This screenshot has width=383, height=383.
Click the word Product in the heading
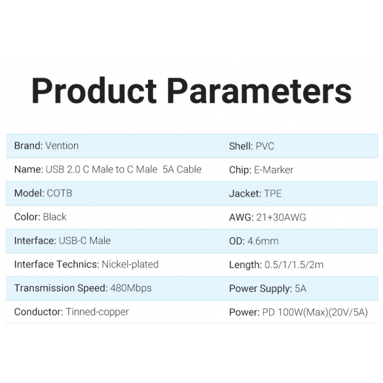(94, 91)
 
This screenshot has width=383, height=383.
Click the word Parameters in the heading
(259, 91)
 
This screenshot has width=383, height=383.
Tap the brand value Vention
(62, 146)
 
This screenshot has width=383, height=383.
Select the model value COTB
(59, 193)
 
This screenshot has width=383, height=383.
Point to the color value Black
(55, 217)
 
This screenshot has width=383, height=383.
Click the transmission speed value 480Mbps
(131, 289)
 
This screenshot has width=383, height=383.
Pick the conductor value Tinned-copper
(97, 312)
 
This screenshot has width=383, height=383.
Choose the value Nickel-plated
(130, 265)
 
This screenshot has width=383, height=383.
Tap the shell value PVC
(265, 146)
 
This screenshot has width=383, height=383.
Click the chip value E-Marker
(274, 170)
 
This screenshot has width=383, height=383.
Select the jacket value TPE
(273, 193)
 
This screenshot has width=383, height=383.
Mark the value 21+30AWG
(281, 218)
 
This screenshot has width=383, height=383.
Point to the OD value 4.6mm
(263, 241)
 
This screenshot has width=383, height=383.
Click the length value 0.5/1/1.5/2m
(294, 265)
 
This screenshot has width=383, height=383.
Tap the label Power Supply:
(260, 289)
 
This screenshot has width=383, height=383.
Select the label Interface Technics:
(57, 264)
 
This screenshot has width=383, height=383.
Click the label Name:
(29, 170)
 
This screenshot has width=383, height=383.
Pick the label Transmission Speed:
(61, 289)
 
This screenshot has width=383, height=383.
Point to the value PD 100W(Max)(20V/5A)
(315, 312)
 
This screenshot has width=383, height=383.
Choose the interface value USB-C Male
(85, 241)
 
